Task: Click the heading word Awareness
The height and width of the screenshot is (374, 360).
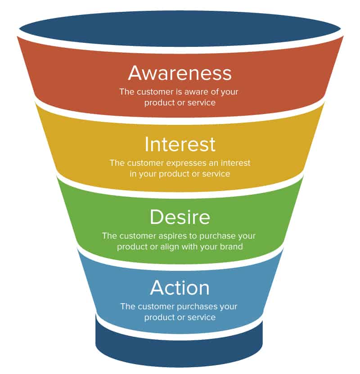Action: pyautogui.click(x=180, y=73)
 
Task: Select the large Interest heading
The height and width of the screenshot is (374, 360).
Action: pyautogui.click(x=180, y=144)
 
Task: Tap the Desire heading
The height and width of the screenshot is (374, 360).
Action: pyautogui.click(x=180, y=217)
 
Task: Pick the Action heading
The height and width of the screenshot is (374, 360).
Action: pyautogui.click(x=180, y=287)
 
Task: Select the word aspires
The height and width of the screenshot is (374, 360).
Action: pyautogui.click(x=175, y=236)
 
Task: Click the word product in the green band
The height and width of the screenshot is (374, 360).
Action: pyautogui.click(x=131, y=246)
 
